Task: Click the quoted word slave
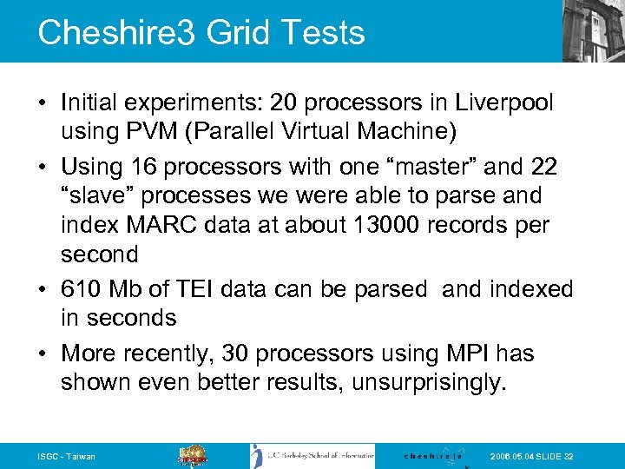click(x=103, y=195)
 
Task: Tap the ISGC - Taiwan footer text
click(x=67, y=457)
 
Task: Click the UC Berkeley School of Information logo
click(x=312, y=456)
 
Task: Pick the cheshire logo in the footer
click(x=433, y=456)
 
